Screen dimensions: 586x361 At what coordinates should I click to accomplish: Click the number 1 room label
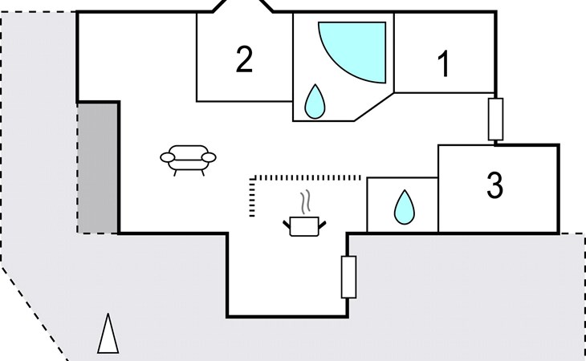pyautogui.click(x=444, y=64)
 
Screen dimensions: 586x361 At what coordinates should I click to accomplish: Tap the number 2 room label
pyautogui.click(x=244, y=59)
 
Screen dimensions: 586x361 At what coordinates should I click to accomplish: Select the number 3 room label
pyautogui.click(x=494, y=185)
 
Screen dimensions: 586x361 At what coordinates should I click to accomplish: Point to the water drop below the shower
pyautogui.click(x=315, y=103)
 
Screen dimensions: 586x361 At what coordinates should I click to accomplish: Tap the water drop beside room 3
pyautogui.click(x=405, y=208)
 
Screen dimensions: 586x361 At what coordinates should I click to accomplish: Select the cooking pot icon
pyautogui.click(x=304, y=226)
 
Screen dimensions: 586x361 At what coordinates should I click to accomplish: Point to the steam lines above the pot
pyautogui.click(x=306, y=202)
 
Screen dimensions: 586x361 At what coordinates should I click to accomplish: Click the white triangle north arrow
pyautogui.click(x=108, y=334)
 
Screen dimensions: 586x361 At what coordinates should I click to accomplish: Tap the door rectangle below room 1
pyautogui.click(x=495, y=119)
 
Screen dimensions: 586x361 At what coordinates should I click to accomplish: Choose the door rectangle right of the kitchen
pyautogui.click(x=348, y=277)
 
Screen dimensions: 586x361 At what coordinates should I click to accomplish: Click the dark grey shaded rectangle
pyautogui.click(x=98, y=168)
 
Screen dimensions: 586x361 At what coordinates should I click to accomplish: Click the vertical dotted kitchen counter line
pyautogui.click(x=252, y=197)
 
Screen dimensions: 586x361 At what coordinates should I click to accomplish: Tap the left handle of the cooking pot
pyautogui.click(x=287, y=225)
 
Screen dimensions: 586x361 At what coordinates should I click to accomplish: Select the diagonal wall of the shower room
pyautogui.click(x=374, y=107)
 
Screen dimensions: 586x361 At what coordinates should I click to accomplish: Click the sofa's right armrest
pyautogui.click(x=209, y=157)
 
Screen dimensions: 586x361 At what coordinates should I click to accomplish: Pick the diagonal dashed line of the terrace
pyautogui.click(x=35, y=314)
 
